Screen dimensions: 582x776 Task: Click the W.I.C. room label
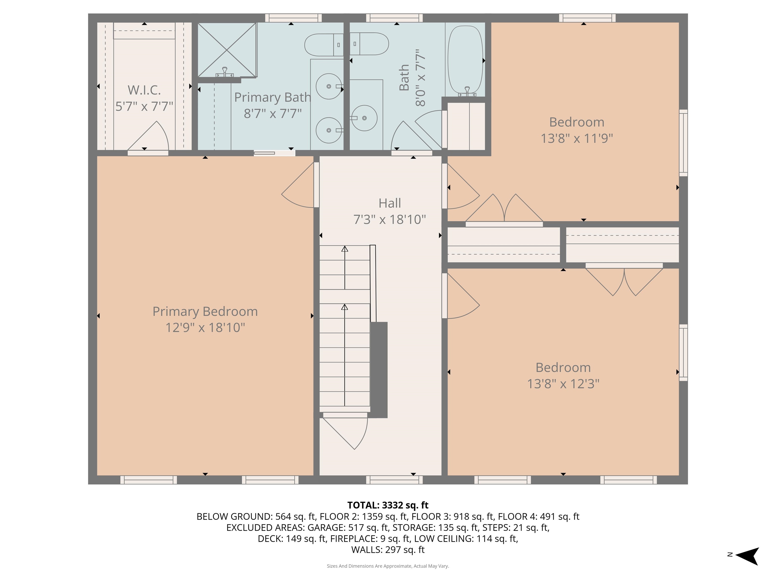pos(144,90)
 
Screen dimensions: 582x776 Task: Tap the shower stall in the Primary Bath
pos(227,50)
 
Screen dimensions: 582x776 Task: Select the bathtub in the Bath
pos(465,60)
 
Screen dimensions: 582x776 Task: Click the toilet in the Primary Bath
pos(323,45)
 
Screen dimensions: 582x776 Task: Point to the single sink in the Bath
pos(365,118)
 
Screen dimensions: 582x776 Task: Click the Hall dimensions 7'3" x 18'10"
pos(390,220)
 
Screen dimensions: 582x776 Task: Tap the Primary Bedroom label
pos(205,311)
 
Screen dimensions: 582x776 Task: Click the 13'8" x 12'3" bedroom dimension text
pos(563,384)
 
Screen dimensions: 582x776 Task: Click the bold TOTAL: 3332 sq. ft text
pos(388,505)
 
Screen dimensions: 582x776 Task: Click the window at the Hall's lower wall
pos(394,479)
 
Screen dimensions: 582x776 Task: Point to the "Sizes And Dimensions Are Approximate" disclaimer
pos(388,566)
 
